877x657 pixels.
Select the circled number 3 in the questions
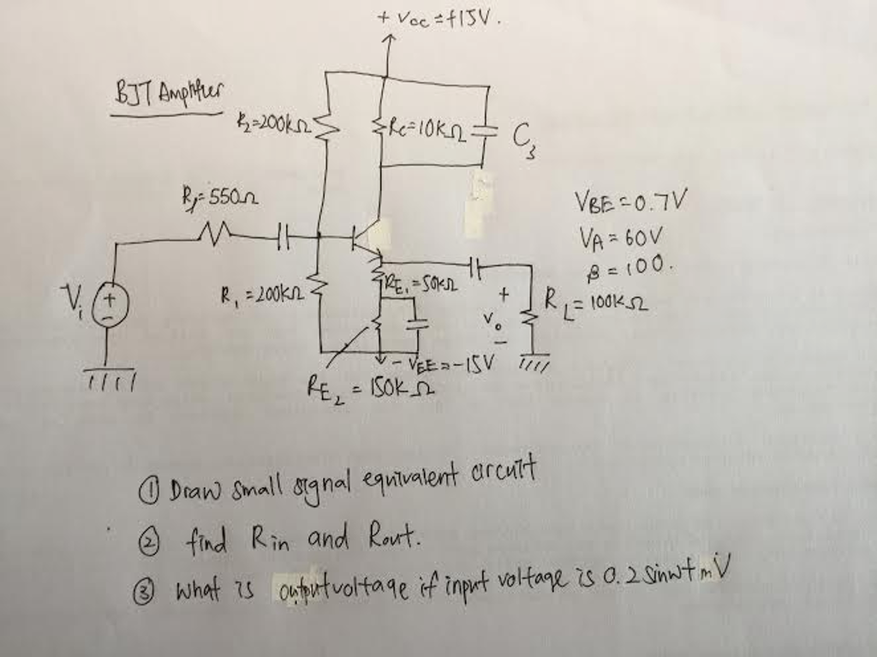coord(153,590)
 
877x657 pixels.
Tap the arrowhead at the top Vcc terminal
coord(389,39)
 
